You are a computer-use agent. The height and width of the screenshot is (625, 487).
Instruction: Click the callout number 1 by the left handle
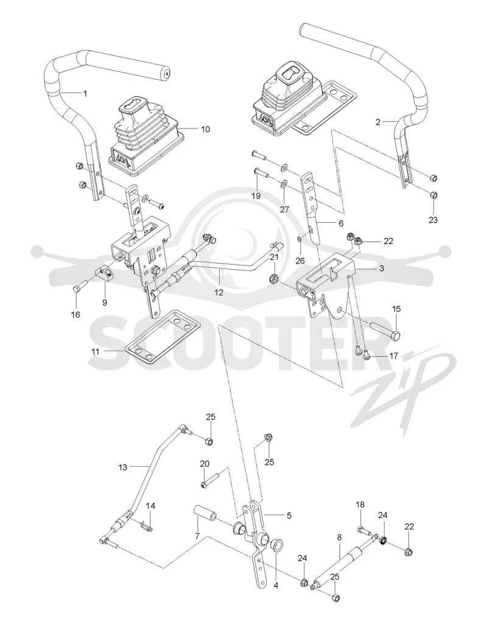[x=85, y=93]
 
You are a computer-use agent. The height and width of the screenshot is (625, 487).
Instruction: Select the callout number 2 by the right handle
[x=377, y=122]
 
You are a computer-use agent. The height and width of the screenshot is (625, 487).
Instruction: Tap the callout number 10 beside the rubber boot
[x=205, y=129]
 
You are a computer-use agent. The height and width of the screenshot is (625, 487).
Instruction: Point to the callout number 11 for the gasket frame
[x=96, y=352]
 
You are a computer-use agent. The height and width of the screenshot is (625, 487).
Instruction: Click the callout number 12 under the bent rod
[x=219, y=292]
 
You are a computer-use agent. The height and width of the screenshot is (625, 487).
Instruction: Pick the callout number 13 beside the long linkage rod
[x=123, y=467]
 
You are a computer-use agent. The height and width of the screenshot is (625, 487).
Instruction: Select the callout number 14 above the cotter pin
[x=150, y=506]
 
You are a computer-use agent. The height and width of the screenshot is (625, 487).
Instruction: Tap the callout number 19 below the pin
[x=256, y=196]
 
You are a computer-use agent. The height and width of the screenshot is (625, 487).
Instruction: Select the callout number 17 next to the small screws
[x=393, y=355]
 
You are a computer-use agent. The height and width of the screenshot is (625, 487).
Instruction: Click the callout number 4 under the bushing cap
[x=276, y=586]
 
